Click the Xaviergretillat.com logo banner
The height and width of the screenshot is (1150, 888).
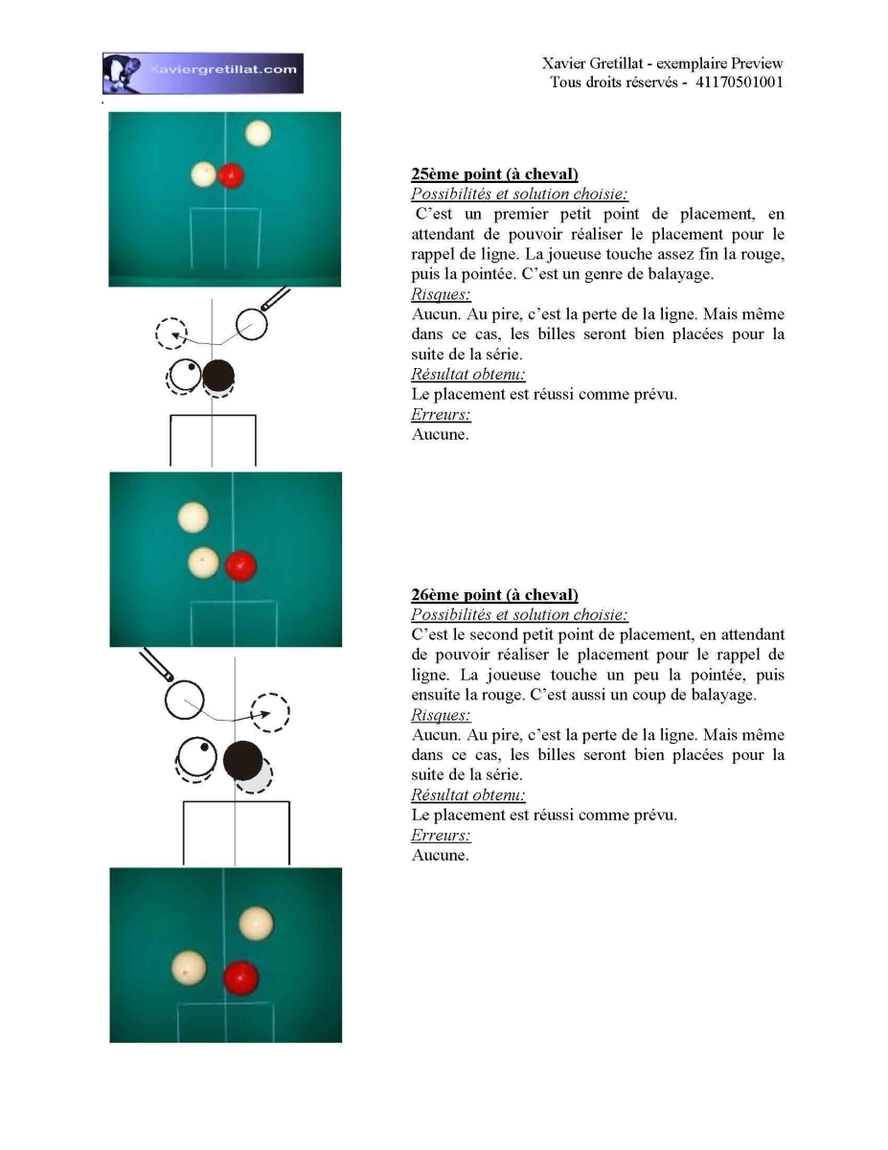[202, 73]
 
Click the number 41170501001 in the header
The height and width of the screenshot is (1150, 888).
[739, 82]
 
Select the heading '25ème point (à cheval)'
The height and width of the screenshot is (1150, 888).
[494, 173]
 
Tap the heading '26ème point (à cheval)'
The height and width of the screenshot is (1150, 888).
[494, 594]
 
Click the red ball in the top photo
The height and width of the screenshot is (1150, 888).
[231, 175]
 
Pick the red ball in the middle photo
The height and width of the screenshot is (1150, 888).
[241, 566]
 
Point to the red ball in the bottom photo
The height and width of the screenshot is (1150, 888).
[240, 978]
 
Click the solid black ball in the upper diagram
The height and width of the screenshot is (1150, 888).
[218, 376]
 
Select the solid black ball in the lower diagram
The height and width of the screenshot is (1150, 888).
[242, 761]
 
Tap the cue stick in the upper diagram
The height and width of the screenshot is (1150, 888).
[276, 299]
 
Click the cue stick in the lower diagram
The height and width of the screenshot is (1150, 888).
[156, 665]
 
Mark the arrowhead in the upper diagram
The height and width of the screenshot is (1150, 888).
[176, 335]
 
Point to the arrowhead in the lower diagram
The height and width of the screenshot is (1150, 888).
[264, 714]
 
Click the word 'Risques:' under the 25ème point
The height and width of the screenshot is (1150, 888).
[441, 293]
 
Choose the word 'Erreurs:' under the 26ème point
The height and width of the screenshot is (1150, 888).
[441, 835]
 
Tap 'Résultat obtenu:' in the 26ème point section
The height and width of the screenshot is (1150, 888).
[468, 794]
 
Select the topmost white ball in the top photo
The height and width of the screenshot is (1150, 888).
[258, 133]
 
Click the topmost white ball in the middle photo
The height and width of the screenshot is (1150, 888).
[194, 517]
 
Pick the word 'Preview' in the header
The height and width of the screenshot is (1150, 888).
[757, 63]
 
